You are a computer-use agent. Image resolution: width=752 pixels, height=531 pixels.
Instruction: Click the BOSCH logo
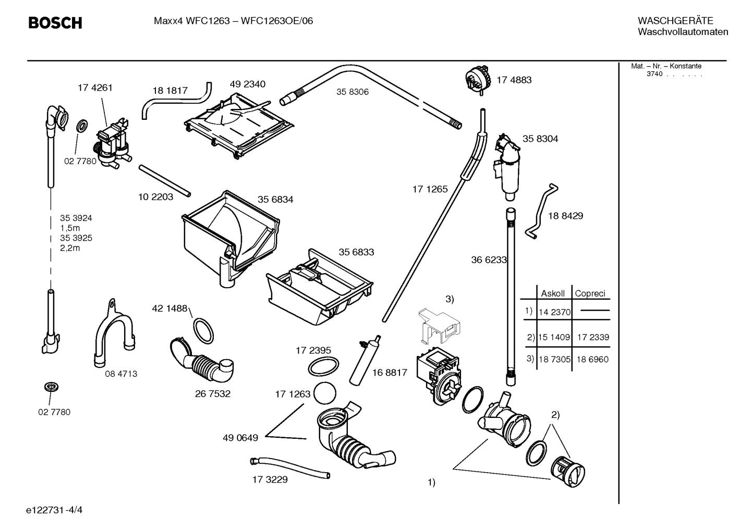pos(55,23)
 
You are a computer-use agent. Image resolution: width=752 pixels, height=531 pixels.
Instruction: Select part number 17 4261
pos(95,88)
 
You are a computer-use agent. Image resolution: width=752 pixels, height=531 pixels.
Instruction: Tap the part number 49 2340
pos(247,84)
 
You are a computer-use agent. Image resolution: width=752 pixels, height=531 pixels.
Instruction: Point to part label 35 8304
pos(540,139)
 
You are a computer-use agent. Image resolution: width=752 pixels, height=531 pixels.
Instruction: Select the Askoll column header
pos(553,293)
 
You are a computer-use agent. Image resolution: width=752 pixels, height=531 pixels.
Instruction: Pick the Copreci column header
pos(590,293)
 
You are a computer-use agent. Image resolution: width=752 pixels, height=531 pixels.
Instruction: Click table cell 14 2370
pos(554,313)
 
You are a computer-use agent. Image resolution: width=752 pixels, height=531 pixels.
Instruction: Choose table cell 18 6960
pos(592,359)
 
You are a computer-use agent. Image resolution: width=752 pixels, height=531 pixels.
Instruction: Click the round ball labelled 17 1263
pos(325,394)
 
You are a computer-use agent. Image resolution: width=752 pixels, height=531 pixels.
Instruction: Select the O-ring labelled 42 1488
pos(203,330)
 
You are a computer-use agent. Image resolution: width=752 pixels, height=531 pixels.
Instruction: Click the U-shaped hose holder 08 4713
pos(112,334)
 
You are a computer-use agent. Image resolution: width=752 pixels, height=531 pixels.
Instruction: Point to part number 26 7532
pos(213,393)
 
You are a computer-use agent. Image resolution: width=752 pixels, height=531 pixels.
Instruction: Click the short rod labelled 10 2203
pos(164,180)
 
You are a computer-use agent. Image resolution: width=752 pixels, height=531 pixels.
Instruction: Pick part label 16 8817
pos(390,373)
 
